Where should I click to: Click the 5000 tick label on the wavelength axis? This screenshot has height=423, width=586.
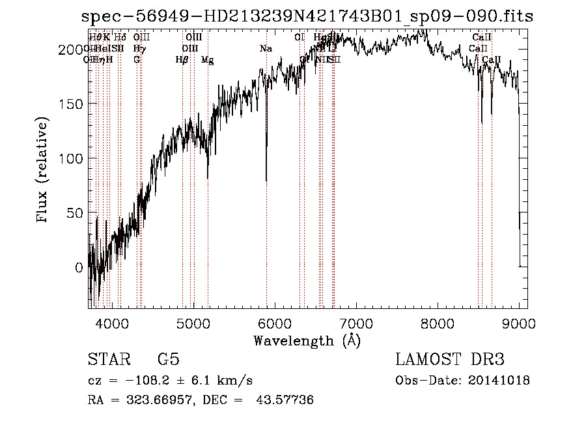(192, 323)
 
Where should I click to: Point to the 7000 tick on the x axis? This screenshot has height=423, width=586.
(356, 323)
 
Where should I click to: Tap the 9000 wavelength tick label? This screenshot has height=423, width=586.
(518, 323)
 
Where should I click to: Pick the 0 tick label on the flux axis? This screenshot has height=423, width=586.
(79, 267)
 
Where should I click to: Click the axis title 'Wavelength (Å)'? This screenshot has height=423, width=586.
(307, 340)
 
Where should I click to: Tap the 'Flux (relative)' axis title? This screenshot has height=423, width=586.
(44, 171)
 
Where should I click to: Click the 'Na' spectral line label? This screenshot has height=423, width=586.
(266, 49)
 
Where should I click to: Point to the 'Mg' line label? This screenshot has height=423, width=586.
(207, 60)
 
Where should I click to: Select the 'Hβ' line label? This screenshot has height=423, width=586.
(182, 60)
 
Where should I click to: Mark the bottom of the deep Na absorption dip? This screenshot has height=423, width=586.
(266, 181)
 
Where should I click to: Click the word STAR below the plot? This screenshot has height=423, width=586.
(108, 360)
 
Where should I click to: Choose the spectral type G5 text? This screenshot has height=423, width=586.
(168, 360)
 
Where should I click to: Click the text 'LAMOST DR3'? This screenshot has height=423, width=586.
(449, 360)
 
